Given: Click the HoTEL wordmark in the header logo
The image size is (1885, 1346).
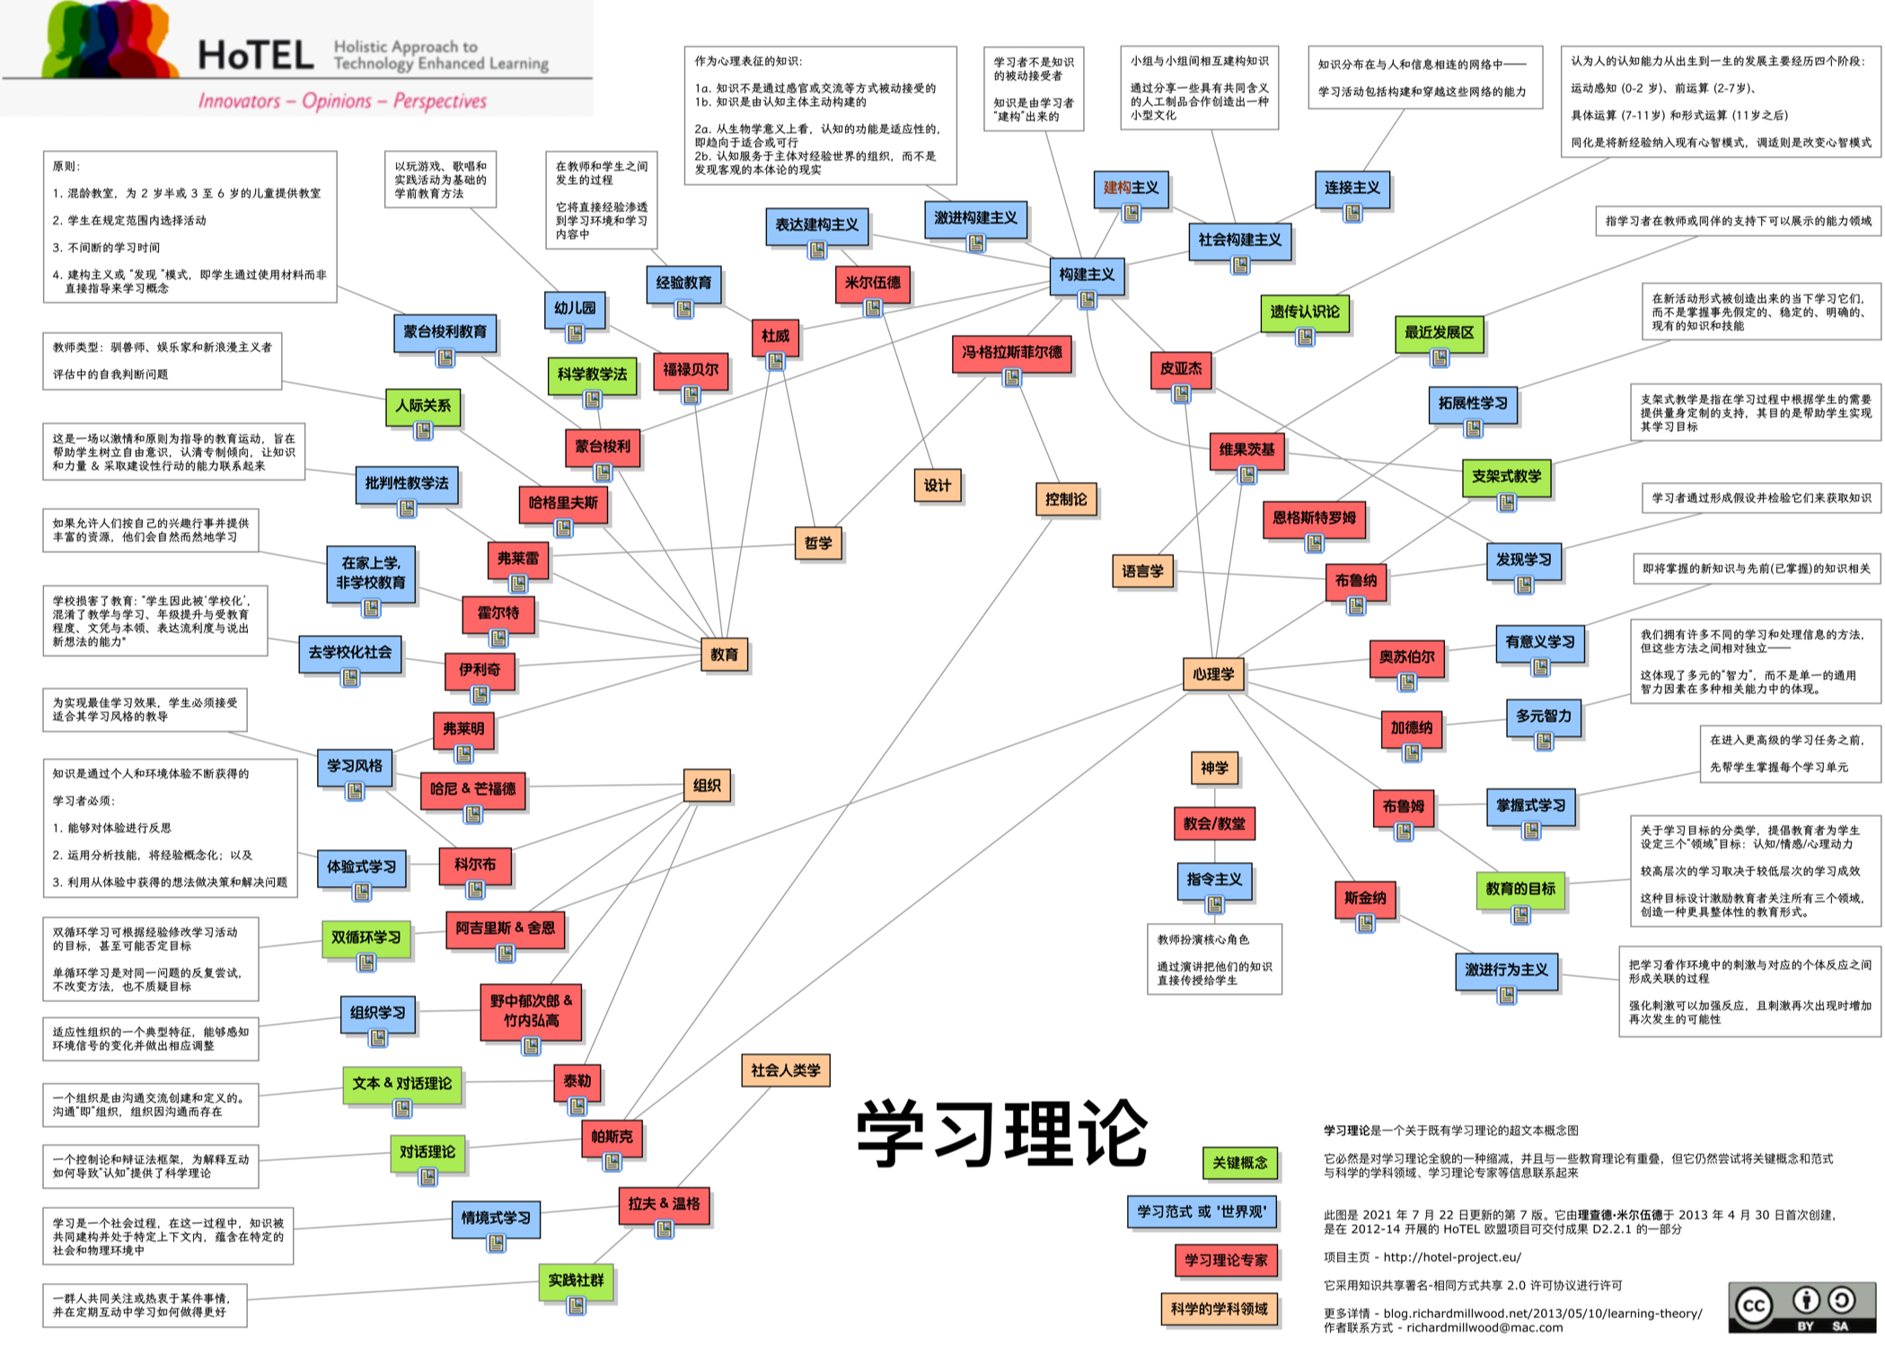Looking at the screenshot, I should click(255, 56).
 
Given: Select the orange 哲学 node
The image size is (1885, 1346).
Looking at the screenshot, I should click(817, 542).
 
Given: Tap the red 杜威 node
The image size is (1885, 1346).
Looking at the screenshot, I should click(775, 336).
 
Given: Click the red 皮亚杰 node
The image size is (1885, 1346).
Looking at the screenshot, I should click(1180, 368).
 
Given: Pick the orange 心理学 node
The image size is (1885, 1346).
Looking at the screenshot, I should click(1212, 673).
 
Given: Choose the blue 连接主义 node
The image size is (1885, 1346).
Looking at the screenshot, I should click(1352, 188).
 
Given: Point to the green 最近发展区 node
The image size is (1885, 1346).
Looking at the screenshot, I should click(1439, 332).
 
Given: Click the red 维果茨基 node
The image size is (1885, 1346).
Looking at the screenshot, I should click(1246, 449).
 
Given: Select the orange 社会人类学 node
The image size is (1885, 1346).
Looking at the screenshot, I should click(785, 1070).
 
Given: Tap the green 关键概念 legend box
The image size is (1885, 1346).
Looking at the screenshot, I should click(1239, 1163).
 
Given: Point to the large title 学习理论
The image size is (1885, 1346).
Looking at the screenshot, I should click(1001, 1133).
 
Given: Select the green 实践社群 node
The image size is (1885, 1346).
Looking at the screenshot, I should click(576, 1280).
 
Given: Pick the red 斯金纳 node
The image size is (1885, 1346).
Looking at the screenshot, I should click(1365, 898).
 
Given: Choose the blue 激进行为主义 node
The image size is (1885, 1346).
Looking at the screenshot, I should click(1506, 970).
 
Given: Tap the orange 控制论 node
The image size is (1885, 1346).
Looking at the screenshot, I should click(1065, 499).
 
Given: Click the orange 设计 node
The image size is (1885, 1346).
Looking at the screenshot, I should click(937, 485).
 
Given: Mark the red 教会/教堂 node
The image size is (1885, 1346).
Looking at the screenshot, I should click(1213, 823).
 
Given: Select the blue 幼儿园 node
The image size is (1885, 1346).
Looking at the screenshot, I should click(575, 308).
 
